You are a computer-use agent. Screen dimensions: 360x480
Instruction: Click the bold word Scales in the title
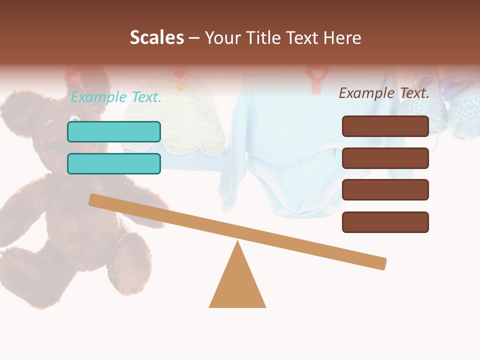[156, 38]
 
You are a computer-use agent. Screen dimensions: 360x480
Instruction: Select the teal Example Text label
[116, 97]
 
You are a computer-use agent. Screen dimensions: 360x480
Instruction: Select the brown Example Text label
[384, 93]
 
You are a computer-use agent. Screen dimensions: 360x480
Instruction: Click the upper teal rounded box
[114, 131]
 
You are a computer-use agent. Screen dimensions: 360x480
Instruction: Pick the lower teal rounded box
[114, 163]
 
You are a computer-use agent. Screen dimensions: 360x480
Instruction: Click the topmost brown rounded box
[385, 126]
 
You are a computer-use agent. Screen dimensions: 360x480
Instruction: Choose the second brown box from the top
[385, 158]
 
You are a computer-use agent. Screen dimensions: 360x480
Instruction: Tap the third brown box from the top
[385, 190]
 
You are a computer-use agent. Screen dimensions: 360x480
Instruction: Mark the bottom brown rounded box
[385, 222]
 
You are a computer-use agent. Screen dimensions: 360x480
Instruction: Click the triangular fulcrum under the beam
[237, 285]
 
